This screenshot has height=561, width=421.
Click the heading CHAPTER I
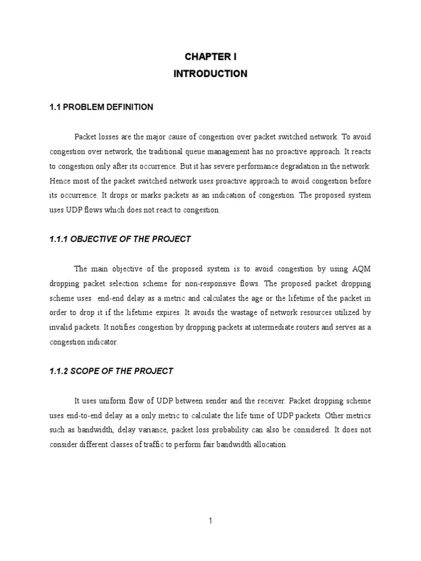click(x=210, y=56)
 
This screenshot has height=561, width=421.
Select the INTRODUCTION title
click(x=210, y=73)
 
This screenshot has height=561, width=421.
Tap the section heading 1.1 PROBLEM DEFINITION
click(x=101, y=107)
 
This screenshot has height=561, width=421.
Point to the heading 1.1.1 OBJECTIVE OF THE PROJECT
click(x=120, y=238)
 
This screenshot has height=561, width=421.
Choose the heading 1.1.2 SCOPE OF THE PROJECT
click(x=111, y=371)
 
